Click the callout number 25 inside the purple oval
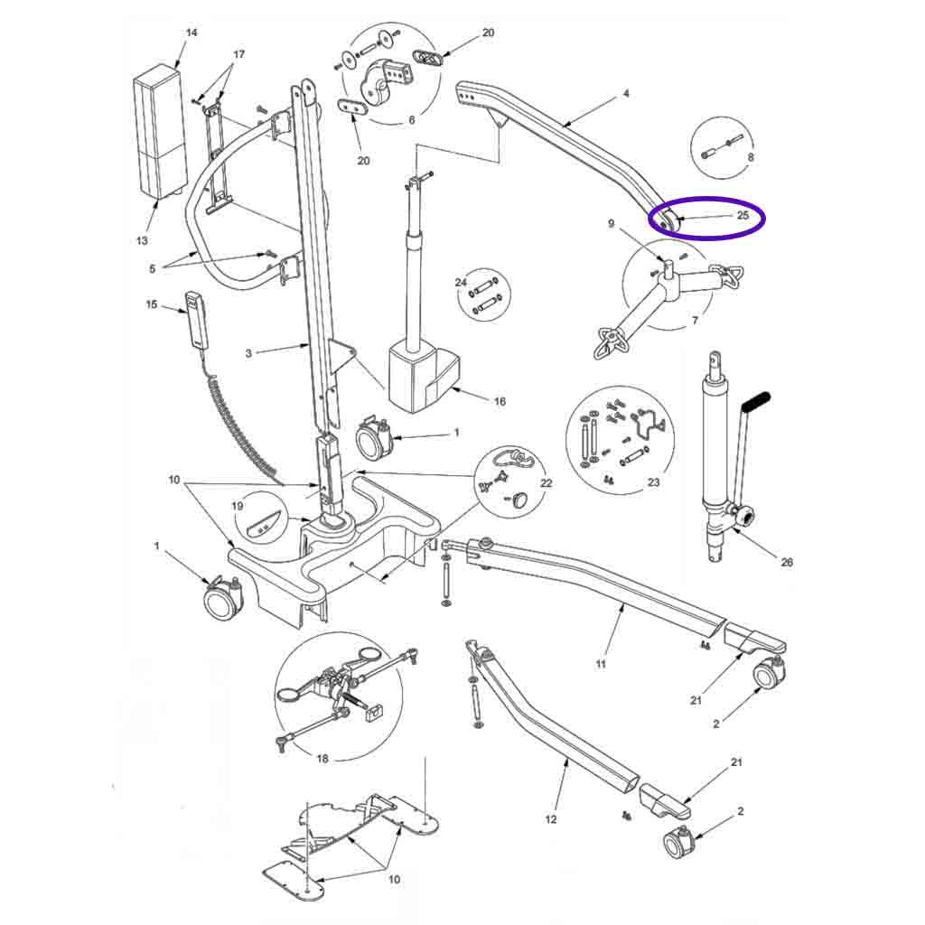(743, 215)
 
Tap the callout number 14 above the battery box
(192, 33)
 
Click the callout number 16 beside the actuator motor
(500, 401)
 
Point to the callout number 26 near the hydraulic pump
(787, 562)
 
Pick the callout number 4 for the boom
(627, 93)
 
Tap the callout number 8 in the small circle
(751, 157)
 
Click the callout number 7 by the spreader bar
(695, 321)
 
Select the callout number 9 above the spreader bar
(612, 224)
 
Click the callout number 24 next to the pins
(461, 282)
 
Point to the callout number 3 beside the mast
(248, 353)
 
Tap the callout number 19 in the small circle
(238, 506)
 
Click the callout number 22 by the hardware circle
(547, 483)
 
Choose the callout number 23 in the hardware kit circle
(654, 482)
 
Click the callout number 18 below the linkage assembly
(322, 759)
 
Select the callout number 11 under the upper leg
(601, 664)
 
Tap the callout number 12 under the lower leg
(550, 819)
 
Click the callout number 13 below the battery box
(142, 240)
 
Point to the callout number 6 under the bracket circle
(412, 120)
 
